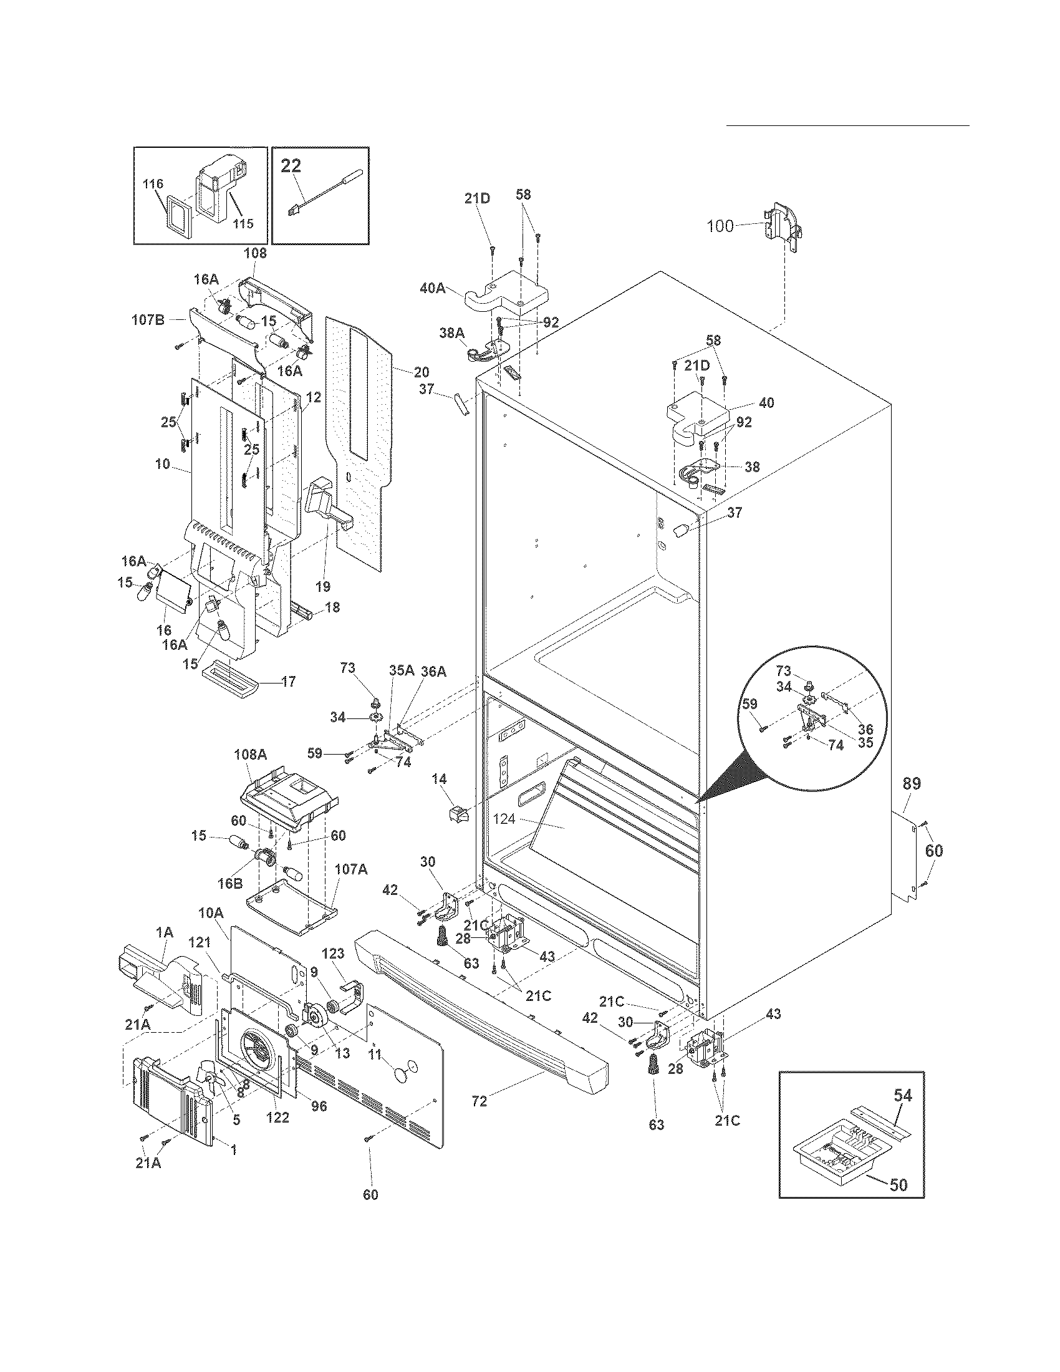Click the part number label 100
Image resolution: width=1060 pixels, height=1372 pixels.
pos(720,226)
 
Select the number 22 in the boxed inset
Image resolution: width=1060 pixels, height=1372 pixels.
pos(291,165)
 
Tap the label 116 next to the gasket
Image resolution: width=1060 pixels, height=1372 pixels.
pos(153,184)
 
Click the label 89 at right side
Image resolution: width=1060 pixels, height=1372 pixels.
pos(912,783)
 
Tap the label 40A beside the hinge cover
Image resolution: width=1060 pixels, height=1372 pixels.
pos(433,288)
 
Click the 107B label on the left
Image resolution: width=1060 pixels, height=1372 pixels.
pos(148,320)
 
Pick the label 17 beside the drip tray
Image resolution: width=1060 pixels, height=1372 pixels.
pos(288,681)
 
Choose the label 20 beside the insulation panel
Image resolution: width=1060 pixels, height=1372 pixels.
pos(422,372)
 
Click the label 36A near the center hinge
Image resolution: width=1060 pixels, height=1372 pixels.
pos(433,671)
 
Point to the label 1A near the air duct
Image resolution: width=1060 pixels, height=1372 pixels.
pos(164,933)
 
